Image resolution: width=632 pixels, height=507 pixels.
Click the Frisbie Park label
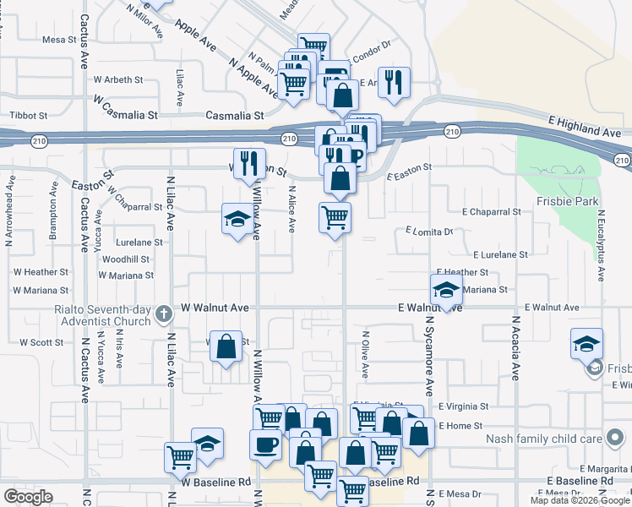(567, 202)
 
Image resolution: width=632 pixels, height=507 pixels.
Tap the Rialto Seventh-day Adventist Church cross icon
(165, 315)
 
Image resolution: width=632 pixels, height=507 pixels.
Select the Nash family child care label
(544, 439)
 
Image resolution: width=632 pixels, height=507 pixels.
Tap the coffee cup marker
(265, 444)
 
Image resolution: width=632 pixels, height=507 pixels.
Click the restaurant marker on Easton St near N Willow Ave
(248, 162)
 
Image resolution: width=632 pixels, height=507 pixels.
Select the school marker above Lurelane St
(237, 219)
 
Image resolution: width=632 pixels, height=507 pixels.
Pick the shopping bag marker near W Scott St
(226, 346)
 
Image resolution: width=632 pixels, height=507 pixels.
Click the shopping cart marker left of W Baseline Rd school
(180, 457)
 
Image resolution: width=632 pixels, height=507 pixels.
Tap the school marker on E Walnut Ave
(446, 290)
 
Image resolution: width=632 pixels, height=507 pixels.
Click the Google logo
(28, 497)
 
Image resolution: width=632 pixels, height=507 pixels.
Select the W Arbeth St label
(118, 79)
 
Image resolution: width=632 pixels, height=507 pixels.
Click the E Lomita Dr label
(429, 230)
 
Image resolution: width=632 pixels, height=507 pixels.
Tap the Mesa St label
(59, 40)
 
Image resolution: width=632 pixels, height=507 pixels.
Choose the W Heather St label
(41, 272)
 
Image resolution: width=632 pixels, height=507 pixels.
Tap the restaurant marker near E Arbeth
(394, 82)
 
